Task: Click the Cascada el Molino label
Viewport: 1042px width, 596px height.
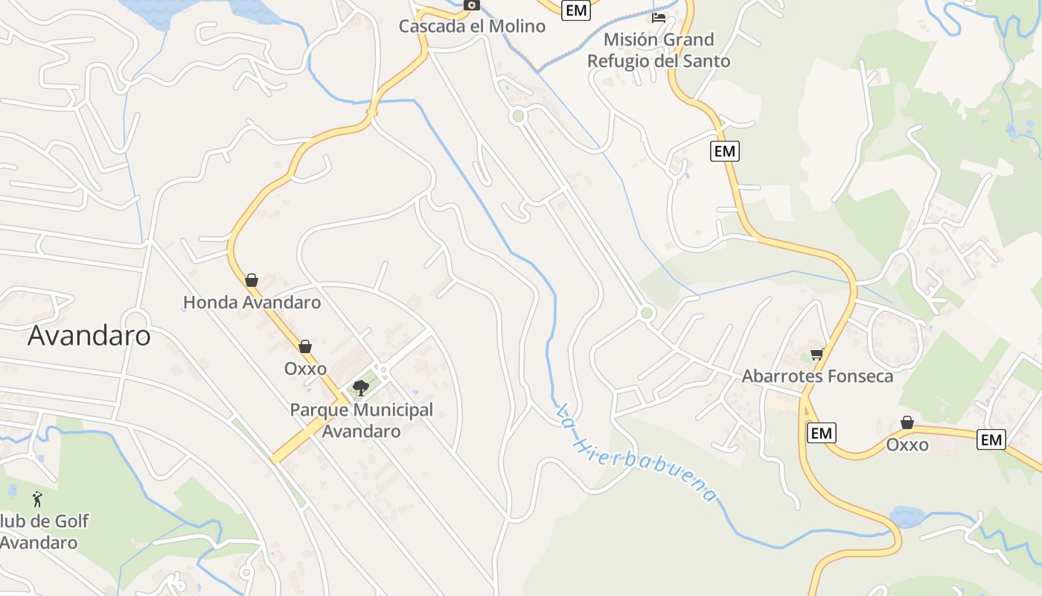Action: pyautogui.click(x=472, y=26)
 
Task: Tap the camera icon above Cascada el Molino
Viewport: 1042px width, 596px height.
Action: pyautogui.click(x=471, y=5)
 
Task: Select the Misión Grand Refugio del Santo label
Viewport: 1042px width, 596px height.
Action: pyautogui.click(x=659, y=50)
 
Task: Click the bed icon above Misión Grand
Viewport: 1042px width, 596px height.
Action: pyautogui.click(x=659, y=17)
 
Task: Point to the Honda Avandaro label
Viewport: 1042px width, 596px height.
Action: pyautogui.click(x=252, y=302)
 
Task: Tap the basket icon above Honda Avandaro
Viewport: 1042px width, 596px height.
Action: pyautogui.click(x=252, y=280)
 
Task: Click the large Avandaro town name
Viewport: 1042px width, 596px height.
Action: pyautogui.click(x=89, y=336)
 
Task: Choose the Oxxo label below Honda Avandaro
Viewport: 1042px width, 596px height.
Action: pyautogui.click(x=305, y=369)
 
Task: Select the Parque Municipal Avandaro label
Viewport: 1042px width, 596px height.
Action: pyautogui.click(x=361, y=420)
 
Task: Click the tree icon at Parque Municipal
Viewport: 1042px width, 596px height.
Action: pyautogui.click(x=361, y=387)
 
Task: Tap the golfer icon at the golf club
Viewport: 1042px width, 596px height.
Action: pyautogui.click(x=37, y=499)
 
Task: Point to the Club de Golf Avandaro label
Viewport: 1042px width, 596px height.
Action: pyautogui.click(x=41, y=531)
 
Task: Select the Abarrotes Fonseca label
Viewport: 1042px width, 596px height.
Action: pyautogui.click(x=817, y=376)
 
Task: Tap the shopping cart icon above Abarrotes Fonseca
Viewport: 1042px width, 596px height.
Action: pyautogui.click(x=816, y=354)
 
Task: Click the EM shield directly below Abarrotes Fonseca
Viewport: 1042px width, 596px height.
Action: pyautogui.click(x=821, y=433)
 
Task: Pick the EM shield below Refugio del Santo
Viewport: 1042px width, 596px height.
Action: pyautogui.click(x=724, y=151)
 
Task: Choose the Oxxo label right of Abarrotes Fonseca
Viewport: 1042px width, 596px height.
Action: pyautogui.click(x=907, y=445)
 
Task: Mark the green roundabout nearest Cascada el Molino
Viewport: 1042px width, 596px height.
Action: pyautogui.click(x=518, y=115)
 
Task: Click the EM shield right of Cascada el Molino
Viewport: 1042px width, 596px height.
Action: pyautogui.click(x=576, y=10)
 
